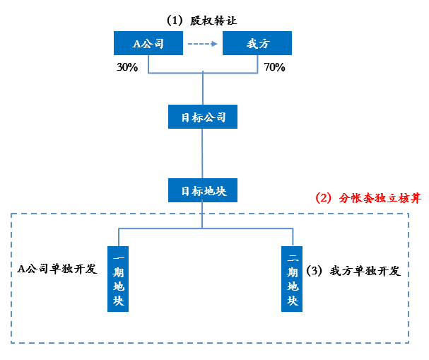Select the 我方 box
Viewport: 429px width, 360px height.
(257, 44)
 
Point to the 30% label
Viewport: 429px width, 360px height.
(127, 68)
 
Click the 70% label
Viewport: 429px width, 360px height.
(274, 68)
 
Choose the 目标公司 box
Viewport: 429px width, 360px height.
(203, 117)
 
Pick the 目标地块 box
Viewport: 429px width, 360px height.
(203, 191)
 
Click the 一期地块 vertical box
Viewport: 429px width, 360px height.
(118, 279)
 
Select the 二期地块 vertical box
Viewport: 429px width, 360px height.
(291, 279)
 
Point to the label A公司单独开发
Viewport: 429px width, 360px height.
(57, 269)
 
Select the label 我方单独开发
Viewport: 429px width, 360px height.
(365, 271)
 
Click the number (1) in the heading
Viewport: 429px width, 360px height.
(175, 20)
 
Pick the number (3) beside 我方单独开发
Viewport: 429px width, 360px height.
(316, 271)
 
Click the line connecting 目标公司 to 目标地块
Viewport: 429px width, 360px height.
(203, 153)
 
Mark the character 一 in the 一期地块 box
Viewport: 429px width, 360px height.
(118, 255)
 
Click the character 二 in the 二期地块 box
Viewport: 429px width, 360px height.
(291, 255)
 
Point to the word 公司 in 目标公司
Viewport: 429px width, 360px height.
(214, 117)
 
